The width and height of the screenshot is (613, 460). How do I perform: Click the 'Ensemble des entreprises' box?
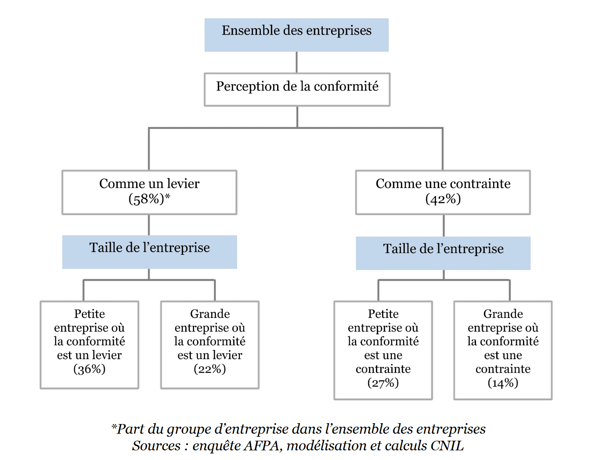(x=296, y=35)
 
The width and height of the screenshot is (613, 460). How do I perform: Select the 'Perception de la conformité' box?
(x=297, y=89)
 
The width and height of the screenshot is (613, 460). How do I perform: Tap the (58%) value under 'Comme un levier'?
(x=146, y=200)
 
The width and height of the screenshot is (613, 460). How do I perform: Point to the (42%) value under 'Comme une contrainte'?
(x=443, y=200)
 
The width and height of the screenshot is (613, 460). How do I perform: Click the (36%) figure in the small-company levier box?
(x=89, y=369)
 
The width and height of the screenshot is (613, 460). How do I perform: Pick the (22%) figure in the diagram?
(x=210, y=369)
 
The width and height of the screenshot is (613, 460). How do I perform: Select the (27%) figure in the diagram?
(x=383, y=383)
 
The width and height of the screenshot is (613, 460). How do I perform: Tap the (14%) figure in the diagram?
(x=503, y=383)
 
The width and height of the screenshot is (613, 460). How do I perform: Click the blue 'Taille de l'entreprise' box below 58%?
(x=149, y=252)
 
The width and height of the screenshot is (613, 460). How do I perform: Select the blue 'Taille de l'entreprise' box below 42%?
(x=443, y=253)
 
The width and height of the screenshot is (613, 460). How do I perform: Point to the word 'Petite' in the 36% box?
(x=89, y=314)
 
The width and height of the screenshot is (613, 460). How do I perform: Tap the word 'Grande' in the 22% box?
(x=210, y=314)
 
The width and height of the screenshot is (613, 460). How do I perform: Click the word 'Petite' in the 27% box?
(x=383, y=314)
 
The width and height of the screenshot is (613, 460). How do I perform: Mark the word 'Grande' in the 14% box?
(x=503, y=314)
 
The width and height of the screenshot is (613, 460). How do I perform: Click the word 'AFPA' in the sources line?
(x=262, y=446)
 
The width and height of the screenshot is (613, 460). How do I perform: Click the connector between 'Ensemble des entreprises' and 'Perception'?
(x=296, y=62)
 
